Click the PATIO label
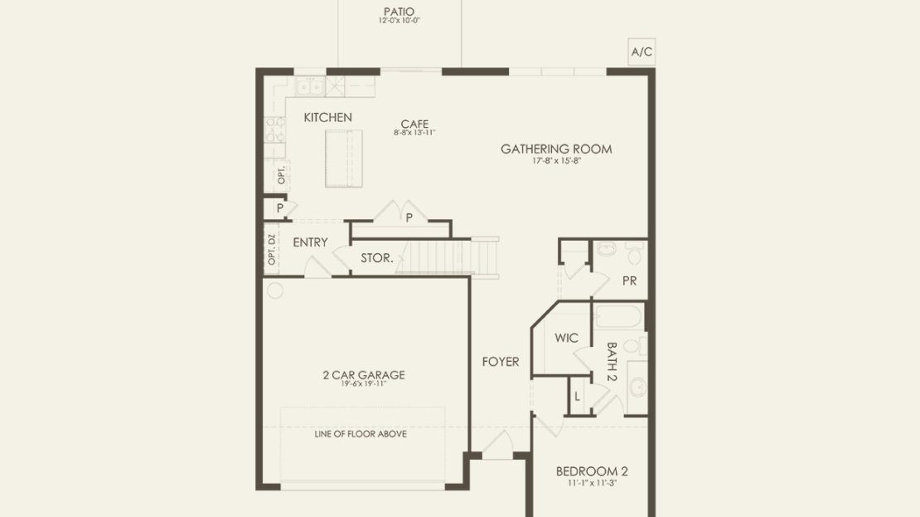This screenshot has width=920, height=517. coord(399,12)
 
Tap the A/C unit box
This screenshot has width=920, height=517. coord(642,51)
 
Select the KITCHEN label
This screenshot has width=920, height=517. coord(328,118)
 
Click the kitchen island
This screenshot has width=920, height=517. coord(344,159)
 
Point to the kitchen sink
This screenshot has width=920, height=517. coord(310,87)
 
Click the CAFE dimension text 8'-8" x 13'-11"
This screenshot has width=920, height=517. coord(414,133)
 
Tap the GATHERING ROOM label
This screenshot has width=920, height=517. coord(556,149)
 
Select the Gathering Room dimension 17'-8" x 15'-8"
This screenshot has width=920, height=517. coord(556,160)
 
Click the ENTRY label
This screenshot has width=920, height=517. coord(310,242)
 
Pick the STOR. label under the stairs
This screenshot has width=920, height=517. coord(376,258)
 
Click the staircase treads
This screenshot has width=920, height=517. coord(449,256)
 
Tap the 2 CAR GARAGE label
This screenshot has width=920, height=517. coord(364,375)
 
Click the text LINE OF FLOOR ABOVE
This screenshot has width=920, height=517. coord(361,434)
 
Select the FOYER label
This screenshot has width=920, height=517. coord(501,362)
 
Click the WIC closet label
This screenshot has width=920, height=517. coord(566,338)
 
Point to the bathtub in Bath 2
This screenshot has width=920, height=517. coord(619,317)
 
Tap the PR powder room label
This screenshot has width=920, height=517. coord(630,281)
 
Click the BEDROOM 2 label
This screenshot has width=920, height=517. coord(592,471)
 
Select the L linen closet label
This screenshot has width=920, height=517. coord(578,397)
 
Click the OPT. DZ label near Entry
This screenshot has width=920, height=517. coord(272,249)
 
